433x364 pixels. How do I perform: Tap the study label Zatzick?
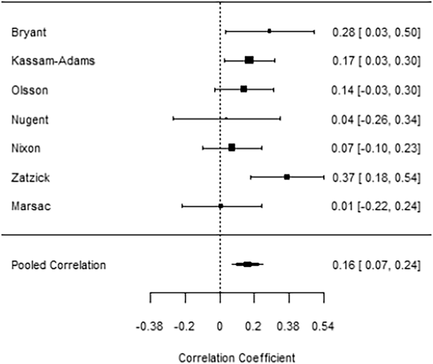27,178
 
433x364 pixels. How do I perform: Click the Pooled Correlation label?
59,265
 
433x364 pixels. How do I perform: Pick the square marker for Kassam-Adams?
249,60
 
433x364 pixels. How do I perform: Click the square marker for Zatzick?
287,177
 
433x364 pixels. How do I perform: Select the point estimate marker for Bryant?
269,31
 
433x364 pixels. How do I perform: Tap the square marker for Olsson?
243,89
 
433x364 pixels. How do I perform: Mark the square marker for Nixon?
232,147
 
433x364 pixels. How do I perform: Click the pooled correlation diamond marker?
247,264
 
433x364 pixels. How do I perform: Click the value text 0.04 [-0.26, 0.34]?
376,119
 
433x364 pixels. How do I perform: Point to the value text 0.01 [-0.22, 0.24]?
376,207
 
